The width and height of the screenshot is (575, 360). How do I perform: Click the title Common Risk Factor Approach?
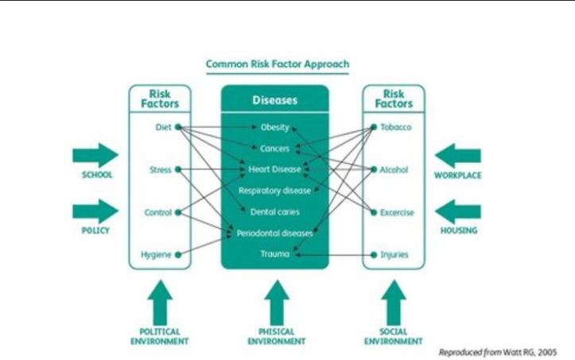(278, 64)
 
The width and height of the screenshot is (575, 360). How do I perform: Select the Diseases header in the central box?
(274, 101)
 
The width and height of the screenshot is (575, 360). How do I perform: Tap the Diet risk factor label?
(163, 127)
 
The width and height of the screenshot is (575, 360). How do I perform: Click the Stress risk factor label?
(160, 169)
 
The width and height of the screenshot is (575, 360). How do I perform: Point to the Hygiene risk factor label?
(157, 255)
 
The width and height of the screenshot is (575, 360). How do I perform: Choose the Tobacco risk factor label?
(396, 127)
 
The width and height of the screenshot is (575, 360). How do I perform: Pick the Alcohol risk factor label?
(395, 169)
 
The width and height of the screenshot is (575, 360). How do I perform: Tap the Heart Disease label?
(274, 169)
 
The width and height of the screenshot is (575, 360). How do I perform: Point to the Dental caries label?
(274, 212)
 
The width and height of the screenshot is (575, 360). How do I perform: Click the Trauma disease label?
(274, 254)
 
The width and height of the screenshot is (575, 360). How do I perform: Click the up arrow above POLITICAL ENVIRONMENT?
(160, 303)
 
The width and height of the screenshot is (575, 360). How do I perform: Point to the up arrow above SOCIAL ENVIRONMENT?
(393, 303)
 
